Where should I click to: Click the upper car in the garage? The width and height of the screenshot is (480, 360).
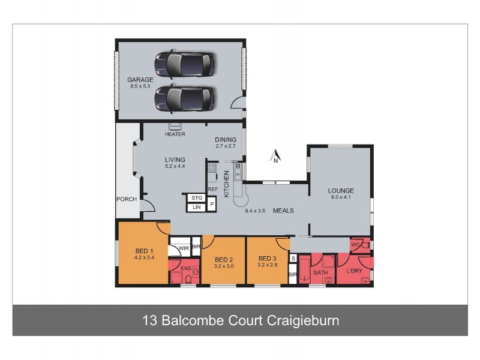(x=184, y=64)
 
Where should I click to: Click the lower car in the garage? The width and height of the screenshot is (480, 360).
(x=184, y=98)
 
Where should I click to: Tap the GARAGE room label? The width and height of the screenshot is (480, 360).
(x=140, y=80)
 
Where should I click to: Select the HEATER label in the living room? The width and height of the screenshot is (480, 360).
(x=175, y=134)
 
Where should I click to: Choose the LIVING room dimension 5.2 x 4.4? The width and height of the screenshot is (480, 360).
(x=175, y=166)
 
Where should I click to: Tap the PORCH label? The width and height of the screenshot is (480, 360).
(x=127, y=199)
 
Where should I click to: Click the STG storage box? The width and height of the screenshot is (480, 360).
(x=196, y=197)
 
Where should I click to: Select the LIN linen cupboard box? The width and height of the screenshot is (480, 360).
(x=196, y=207)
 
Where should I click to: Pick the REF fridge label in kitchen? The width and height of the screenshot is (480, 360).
(x=212, y=189)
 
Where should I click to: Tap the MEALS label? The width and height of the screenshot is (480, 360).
(x=283, y=211)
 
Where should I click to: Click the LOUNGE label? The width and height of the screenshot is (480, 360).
(x=340, y=191)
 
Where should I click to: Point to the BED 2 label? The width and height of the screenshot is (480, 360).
(x=224, y=259)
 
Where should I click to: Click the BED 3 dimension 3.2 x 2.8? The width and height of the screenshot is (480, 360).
(x=268, y=265)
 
